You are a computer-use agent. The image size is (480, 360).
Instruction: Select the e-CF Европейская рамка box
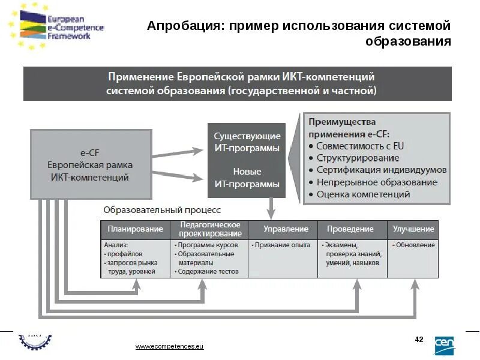click(x=90, y=164)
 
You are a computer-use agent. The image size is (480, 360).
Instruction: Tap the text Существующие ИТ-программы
click(x=247, y=142)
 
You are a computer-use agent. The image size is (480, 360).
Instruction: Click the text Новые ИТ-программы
click(x=247, y=178)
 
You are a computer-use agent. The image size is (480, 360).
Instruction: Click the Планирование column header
click(x=135, y=229)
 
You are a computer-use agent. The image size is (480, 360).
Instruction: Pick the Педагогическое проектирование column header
click(x=210, y=229)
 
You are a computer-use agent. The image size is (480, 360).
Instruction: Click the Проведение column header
click(x=350, y=229)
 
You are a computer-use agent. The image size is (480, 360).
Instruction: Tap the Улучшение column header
click(x=413, y=229)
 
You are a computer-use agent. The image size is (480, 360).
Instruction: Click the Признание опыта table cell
click(x=282, y=245)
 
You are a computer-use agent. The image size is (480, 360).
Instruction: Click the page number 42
click(x=419, y=340)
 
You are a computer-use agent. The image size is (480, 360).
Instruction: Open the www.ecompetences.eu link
click(x=170, y=347)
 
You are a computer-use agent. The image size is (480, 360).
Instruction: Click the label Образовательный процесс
click(x=162, y=210)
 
